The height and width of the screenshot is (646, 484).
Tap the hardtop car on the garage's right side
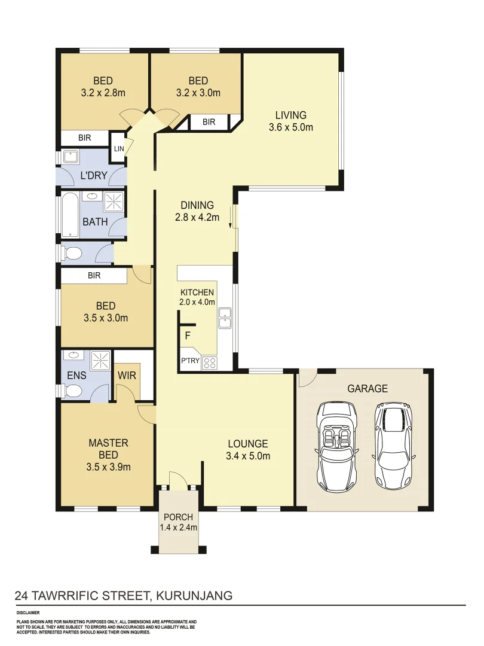394,444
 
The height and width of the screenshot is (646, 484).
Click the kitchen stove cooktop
210,362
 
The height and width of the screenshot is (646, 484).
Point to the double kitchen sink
225,318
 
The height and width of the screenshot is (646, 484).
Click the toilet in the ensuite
72,391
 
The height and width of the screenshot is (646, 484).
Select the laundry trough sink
72,158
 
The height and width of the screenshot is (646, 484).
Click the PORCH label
178,517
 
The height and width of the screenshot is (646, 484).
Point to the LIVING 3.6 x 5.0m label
291,121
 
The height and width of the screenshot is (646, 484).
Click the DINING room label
197,211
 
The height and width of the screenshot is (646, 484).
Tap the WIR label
127,376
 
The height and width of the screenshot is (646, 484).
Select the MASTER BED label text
108,449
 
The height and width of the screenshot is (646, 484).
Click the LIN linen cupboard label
118,148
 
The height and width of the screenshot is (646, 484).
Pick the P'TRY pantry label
190,361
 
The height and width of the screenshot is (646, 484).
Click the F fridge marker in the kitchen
188,336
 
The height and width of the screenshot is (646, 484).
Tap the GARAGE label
367,389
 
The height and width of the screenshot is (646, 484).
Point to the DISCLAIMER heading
27,613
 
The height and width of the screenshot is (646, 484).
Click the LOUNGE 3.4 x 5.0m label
248,450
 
